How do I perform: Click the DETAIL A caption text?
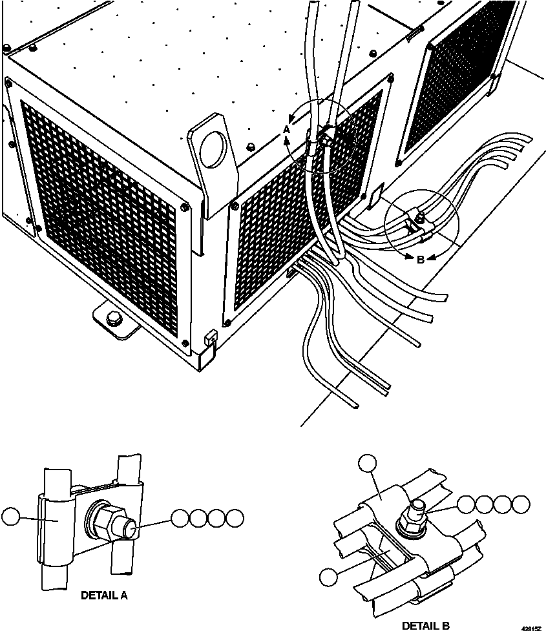coord(104,595)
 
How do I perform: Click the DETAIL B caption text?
coord(425,625)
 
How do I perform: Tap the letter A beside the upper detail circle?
coord(286,130)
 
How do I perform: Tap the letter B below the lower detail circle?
coord(420,260)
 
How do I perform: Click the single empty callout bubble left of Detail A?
coord(11,517)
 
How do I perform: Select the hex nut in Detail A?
coord(106,518)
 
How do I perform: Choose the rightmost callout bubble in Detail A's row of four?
coord(236,517)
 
